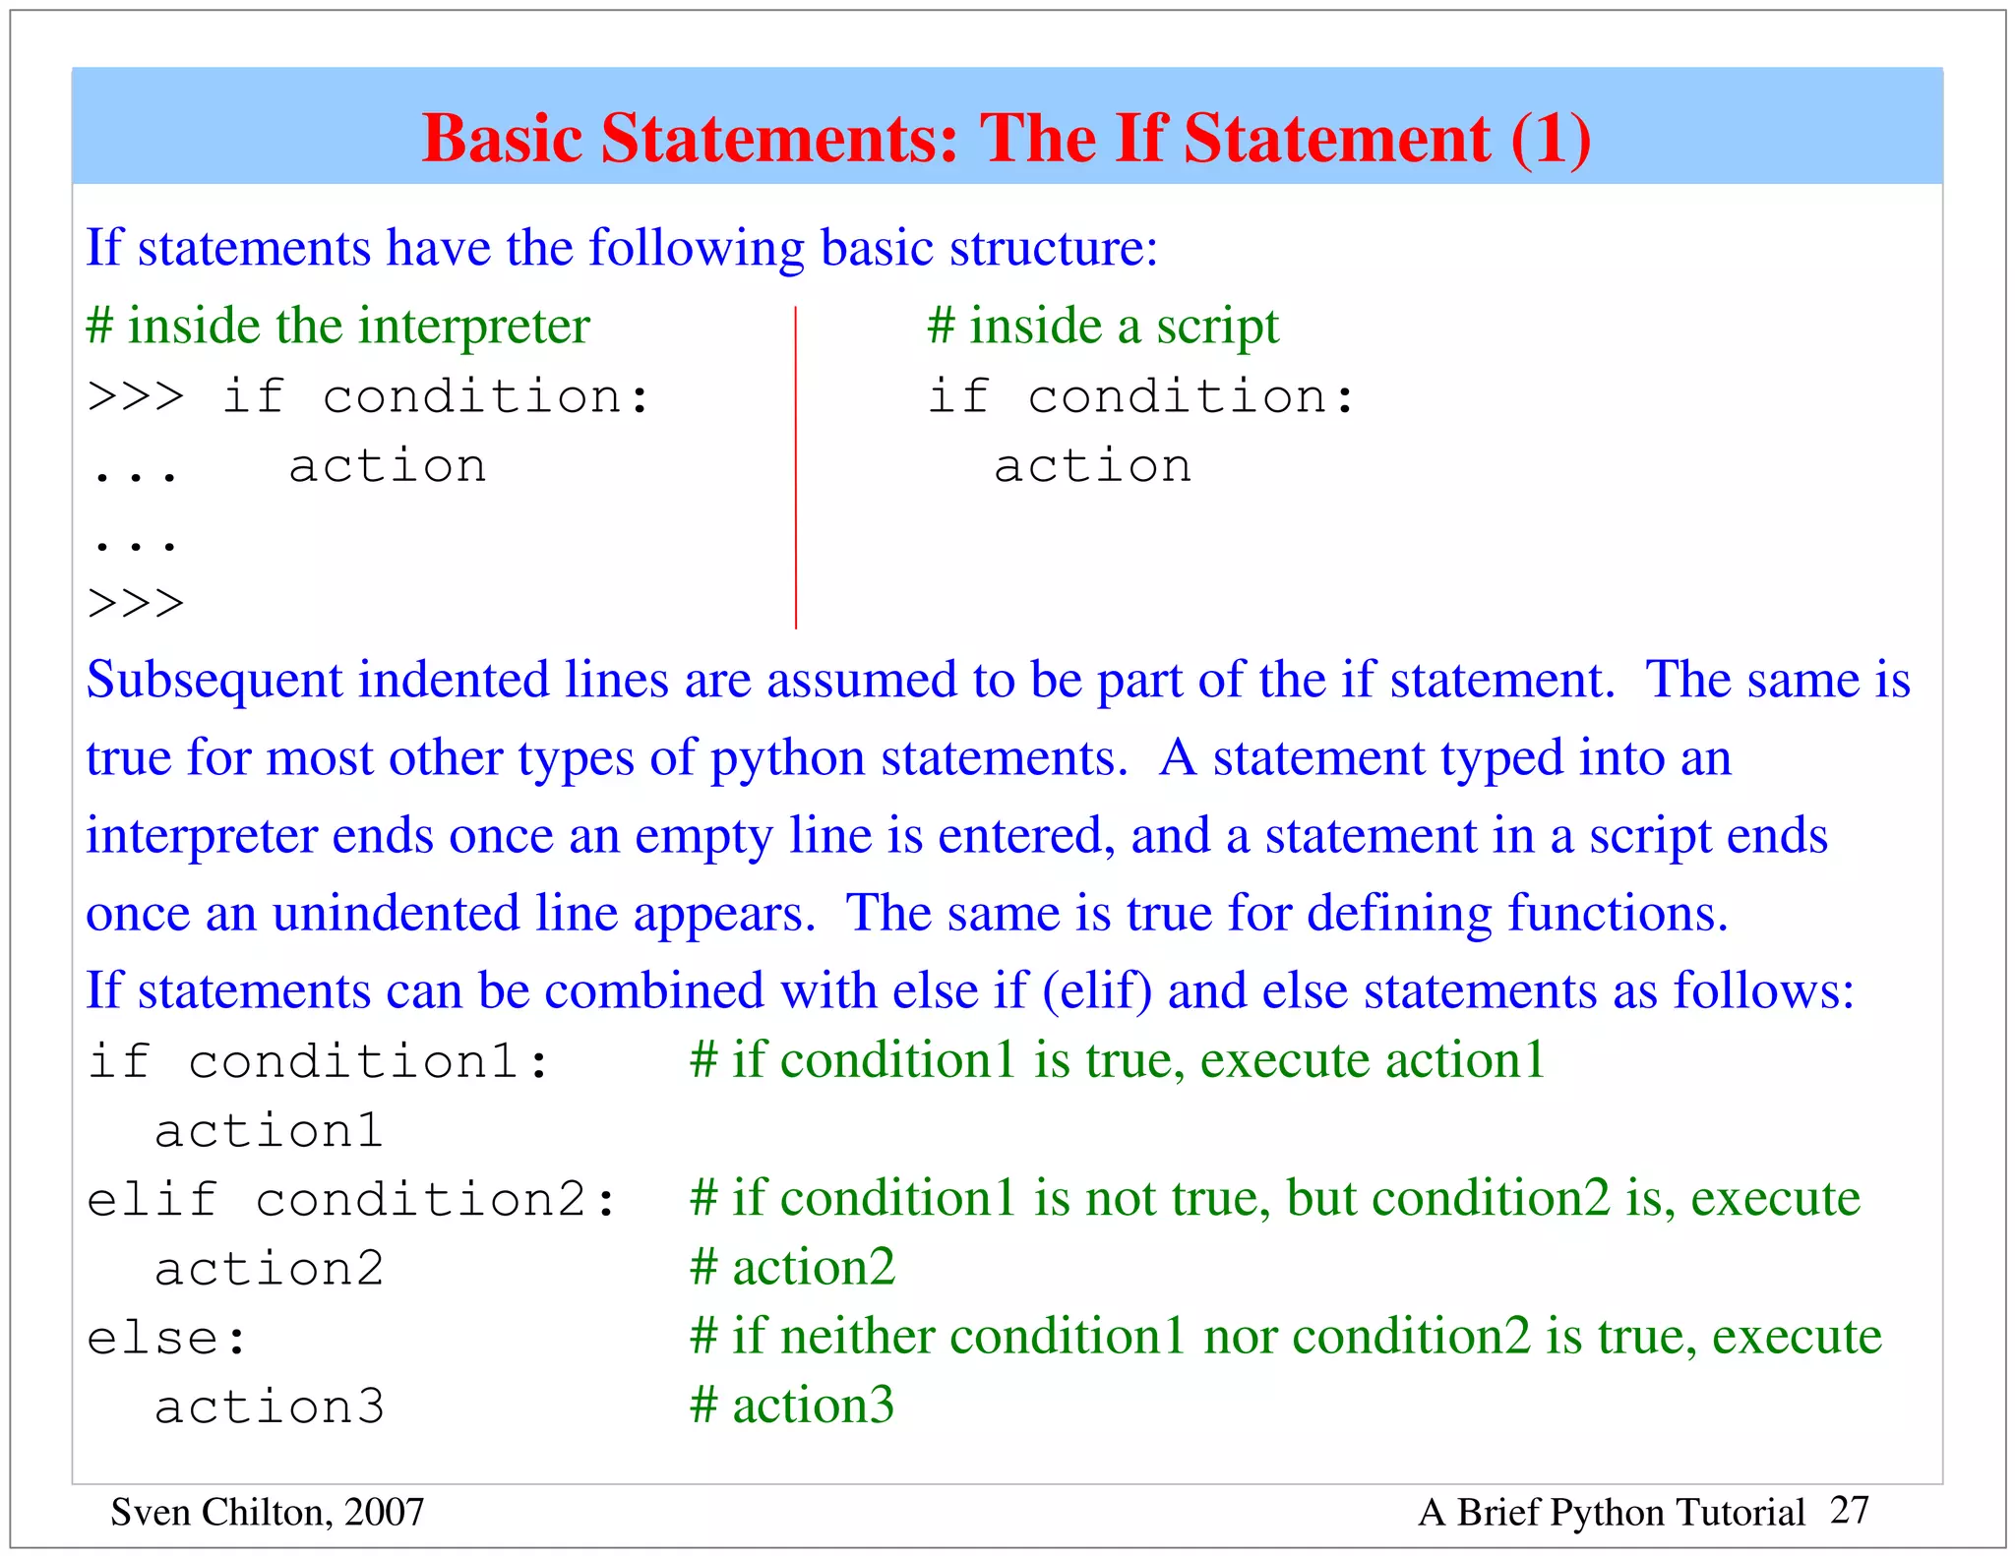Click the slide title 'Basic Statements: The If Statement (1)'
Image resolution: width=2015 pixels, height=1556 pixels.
[1006, 138]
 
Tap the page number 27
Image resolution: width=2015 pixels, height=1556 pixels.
[1849, 1510]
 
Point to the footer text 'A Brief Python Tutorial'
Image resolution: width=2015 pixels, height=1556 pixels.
[1611, 1513]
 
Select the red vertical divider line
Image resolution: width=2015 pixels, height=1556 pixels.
[796, 467]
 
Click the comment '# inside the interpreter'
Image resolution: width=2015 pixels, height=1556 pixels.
[337, 327]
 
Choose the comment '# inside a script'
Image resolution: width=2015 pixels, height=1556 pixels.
[1103, 327]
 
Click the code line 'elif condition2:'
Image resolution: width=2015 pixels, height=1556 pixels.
[351, 1200]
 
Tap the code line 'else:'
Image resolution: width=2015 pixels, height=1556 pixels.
[166, 1339]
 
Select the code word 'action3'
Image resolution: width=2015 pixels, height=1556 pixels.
[269, 1407]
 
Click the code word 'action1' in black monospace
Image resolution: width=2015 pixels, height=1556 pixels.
[269, 1131]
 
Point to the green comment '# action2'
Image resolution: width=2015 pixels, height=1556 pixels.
[793, 1268]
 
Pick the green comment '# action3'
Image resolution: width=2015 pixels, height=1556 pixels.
[793, 1406]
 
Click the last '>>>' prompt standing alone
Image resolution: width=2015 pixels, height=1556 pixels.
[136, 603]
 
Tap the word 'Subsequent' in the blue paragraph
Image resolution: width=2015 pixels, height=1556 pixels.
[214, 681]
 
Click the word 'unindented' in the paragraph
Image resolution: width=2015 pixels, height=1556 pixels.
[396, 914]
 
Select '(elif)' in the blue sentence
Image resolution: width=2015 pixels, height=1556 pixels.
[1096, 990]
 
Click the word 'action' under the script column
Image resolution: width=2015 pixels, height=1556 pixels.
[1092, 466]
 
